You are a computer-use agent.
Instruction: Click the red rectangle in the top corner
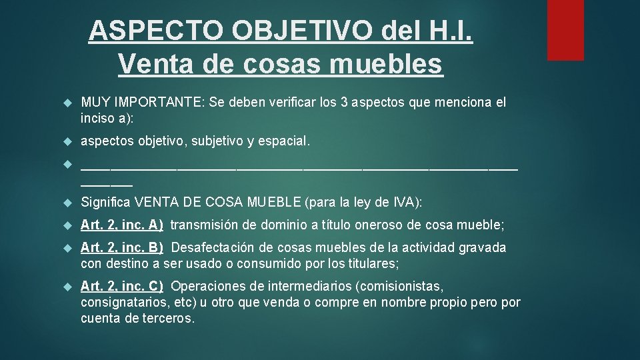[565, 30]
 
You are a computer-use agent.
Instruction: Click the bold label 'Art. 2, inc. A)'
[122, 225]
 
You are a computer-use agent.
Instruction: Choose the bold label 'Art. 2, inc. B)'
[122, 248]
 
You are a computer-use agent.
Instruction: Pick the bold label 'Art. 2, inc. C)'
[122, 287]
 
